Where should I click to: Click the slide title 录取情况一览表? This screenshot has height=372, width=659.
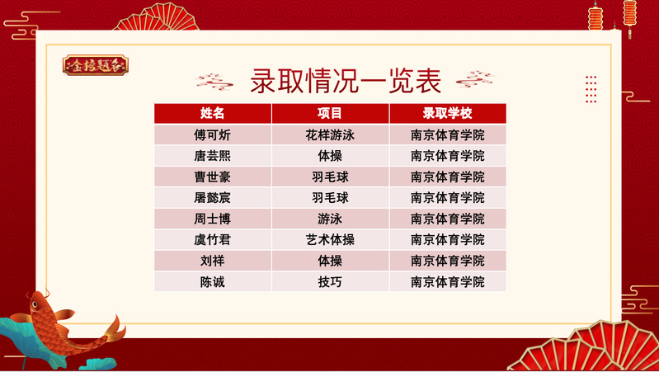coord(346,81)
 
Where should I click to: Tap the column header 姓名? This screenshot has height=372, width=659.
coord(212,113)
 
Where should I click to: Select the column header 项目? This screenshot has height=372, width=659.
coord(330,113)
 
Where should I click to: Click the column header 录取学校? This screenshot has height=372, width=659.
coord(448,113)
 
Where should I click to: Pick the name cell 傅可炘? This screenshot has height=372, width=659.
coord(212,135)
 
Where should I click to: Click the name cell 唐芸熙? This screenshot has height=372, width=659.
coord(212,156)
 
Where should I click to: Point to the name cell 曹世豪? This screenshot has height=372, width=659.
coord(212,177)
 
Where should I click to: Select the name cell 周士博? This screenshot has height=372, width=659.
coord(212,219)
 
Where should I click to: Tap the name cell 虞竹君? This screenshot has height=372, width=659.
coord(212,239)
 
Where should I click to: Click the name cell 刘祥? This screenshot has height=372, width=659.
coord(212,261)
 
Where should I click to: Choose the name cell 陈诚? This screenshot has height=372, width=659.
coord(212,281)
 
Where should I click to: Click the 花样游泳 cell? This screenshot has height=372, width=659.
coord(330,135)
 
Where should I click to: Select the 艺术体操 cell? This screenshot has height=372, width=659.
coord(330,239)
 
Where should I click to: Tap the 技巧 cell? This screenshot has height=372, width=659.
coord(330,281)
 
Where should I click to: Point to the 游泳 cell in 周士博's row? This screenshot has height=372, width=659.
coord(330,219)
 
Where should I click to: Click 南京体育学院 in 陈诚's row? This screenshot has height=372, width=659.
coord(448,281)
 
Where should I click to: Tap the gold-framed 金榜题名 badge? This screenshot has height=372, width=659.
coord(96,65)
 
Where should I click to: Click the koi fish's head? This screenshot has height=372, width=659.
coord(40,302)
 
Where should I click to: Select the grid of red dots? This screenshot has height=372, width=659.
coord(591,89)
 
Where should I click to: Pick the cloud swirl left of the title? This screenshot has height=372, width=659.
coord(214,81)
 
